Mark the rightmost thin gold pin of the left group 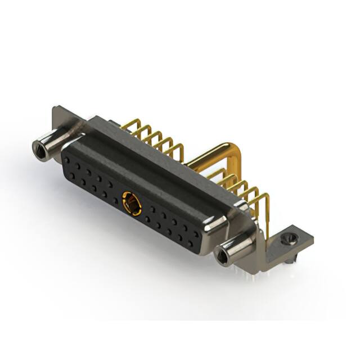[x=179, y=150]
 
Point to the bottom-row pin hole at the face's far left [x=72, y=175]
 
